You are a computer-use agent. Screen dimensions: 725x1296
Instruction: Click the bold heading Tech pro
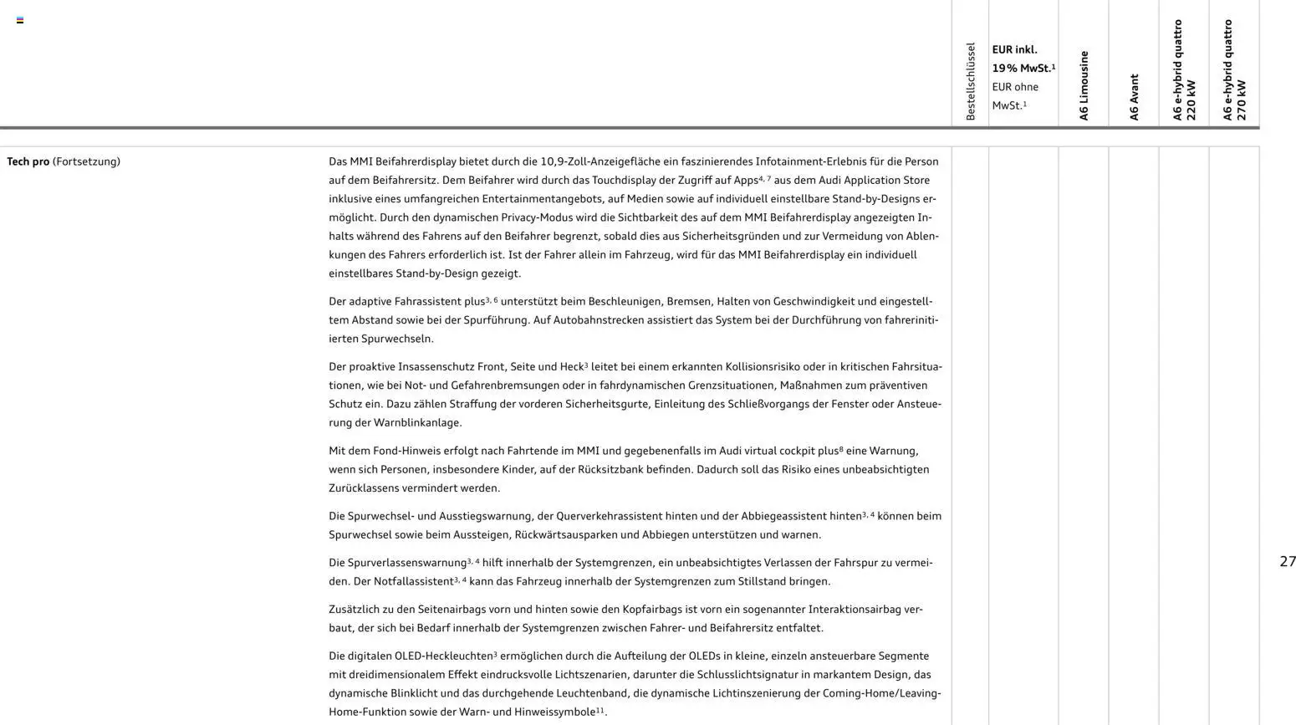pos(28,161)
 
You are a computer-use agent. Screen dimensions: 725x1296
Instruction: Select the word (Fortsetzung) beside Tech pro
pos(86,161)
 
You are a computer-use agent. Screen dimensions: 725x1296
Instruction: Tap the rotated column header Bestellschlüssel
pos(970,81)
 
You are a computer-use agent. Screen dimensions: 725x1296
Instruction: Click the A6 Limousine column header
pos(1084,85)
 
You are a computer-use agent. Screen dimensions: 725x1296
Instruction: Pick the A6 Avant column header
pos(1134,97)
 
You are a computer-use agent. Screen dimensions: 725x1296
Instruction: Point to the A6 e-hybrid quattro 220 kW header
pos(1184,70)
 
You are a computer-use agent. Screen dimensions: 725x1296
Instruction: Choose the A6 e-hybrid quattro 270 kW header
pos(1234,70)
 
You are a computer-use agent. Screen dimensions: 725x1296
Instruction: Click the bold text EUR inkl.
pos(1014,50)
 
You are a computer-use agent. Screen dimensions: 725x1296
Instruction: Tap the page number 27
pos(1288,562)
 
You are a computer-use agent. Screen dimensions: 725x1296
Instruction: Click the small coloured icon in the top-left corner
pos(20,20)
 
